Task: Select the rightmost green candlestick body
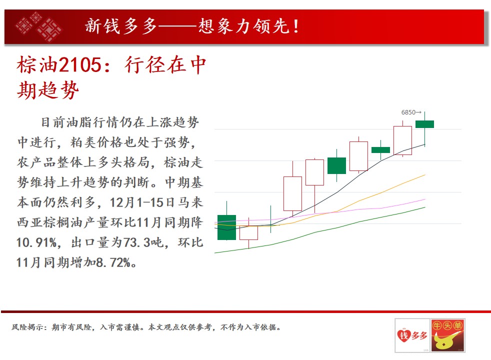[424, 124]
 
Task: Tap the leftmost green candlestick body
[226, 227]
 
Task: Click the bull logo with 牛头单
[448, 335]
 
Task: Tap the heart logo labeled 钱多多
[412, 335]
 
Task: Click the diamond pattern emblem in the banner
[39, 27]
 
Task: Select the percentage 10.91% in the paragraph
[36, 242]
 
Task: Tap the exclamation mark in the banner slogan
[296, 26]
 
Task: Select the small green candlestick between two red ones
[381, 150]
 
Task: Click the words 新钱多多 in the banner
[121, 26]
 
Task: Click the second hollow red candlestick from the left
[293, 193]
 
